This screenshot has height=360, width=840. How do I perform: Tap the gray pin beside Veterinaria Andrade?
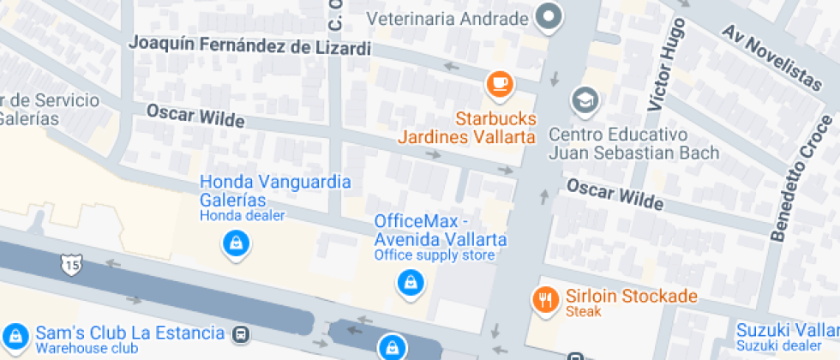549,16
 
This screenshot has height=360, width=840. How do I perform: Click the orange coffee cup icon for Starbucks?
499,84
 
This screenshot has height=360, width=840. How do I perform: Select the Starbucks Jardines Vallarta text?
467,127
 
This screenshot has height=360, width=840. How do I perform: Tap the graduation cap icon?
586,100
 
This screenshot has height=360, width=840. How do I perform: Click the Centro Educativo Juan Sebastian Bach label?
633,144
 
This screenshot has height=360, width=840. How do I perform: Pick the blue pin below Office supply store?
411,282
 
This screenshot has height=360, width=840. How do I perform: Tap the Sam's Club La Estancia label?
129,333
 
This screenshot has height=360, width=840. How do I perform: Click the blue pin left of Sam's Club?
15,335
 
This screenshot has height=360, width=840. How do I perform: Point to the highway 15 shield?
71,265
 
